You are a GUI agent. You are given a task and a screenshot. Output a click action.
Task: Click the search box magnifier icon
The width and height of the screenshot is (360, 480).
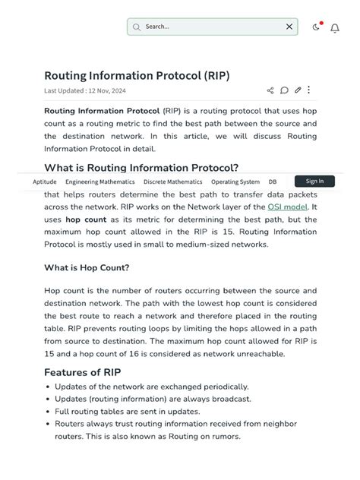[x=137, y=27]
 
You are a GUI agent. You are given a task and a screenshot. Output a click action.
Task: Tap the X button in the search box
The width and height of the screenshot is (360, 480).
[x=289, y=27]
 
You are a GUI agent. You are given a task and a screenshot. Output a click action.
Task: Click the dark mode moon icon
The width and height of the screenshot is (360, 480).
[x=316, y=27]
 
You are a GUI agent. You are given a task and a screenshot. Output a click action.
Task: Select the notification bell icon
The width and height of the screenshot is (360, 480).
[x=335, y=28]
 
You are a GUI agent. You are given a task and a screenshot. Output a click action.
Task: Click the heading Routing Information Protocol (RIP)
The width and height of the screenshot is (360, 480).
[x=137, y=75]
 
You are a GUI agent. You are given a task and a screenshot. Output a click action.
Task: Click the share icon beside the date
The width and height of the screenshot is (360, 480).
[x=270, y=90]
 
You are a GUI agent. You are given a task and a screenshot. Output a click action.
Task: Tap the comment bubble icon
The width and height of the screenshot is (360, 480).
[x=284, y=90]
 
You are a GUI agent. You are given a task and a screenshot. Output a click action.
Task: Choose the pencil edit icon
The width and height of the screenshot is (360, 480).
[x=298, y=90]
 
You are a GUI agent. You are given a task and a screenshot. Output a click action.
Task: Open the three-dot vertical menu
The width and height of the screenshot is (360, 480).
[x=308, y=90]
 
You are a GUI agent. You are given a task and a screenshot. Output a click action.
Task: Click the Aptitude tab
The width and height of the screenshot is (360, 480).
[x=45, y=182]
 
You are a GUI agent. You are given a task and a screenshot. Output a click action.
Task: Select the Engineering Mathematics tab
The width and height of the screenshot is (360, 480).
[x=99, y=182]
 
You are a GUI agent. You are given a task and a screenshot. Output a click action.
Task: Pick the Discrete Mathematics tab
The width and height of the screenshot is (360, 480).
[x=172, y=182]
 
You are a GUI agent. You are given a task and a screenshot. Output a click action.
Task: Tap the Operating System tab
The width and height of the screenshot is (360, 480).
[x=235, y=182]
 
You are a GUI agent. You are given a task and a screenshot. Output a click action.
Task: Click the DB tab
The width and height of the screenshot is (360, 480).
[x=273, y=182]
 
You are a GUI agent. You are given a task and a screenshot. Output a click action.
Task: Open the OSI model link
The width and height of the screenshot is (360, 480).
[x=288, y=207]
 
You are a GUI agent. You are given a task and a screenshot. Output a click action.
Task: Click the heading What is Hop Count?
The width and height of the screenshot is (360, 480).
[x=87, y=267]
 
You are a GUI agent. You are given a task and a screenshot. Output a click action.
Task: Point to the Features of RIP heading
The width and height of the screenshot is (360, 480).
[x=82, y=372]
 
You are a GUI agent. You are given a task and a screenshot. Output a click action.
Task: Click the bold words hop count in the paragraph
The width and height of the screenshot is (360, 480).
[x=86, y=219]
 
